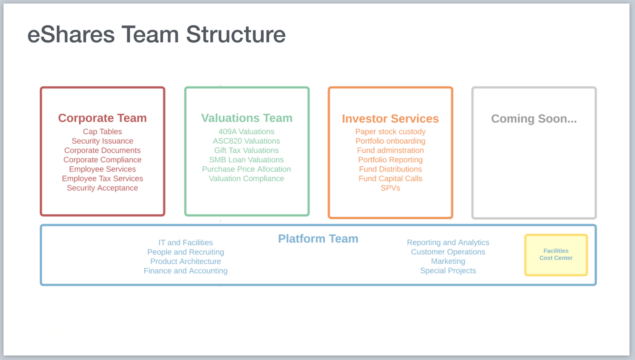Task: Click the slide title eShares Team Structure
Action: tap(156, 35)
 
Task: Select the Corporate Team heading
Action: tap(102, 118)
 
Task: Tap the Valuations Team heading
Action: tap(246, 118)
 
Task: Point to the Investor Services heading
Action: tap(390, 118)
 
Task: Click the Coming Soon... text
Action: tap(534, 118)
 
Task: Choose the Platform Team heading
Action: tap(318, 239)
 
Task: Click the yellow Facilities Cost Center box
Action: tap(556, 254)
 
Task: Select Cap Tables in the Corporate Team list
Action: tap(102, 131)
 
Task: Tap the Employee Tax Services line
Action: tap(102, 179)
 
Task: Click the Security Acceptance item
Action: tap(102, 188)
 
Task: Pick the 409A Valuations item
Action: tap(246, 131)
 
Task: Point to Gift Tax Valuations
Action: tap(246, 150)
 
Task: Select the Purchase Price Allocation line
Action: tap(246, 169)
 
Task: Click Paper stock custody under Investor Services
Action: tap(390, 131)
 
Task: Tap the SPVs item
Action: tap(390, 188)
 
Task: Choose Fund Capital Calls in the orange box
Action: tap(390, 179)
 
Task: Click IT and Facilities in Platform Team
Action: tap(185, 243)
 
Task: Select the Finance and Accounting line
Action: tap(185, 271)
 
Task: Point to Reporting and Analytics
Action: tap(448, 243)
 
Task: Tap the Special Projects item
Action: tap(448, 271)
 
